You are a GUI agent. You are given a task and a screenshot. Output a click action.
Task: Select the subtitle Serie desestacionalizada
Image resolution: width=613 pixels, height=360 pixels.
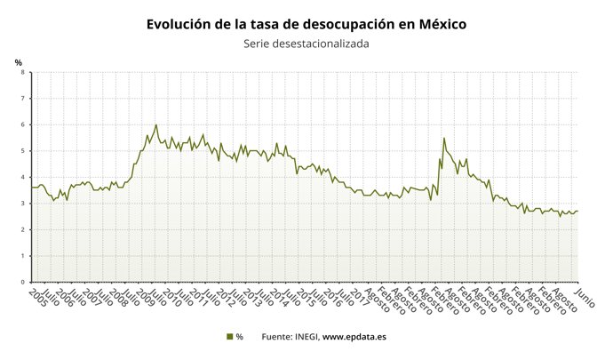point(306,44)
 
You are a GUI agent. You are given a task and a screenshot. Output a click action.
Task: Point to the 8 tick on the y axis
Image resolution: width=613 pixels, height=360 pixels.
point(23,73)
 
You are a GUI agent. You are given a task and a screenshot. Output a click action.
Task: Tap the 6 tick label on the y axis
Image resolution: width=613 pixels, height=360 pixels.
point(23,125)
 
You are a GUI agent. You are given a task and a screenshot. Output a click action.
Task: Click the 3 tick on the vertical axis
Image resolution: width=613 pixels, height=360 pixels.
point(23,204)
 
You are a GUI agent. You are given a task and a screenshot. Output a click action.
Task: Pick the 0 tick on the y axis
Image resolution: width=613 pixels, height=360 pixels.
point(23,283)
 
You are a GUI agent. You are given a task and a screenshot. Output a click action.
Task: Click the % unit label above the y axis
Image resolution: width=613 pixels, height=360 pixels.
point(18,61)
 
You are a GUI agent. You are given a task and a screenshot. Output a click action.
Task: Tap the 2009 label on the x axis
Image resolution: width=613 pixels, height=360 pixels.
point(144,297)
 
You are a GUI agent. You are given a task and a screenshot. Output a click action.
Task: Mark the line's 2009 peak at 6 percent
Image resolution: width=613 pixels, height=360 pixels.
point(156,125)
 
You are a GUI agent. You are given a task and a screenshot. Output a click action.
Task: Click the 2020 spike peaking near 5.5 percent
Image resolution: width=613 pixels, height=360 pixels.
point(444,139)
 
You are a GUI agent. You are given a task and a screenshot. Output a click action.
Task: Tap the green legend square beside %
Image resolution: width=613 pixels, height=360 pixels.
point(228,337)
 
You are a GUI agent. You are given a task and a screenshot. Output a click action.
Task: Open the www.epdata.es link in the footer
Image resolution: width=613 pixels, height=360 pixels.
point(354,337)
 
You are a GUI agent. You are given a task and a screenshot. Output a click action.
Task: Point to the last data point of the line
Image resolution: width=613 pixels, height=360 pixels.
point(577,211)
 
